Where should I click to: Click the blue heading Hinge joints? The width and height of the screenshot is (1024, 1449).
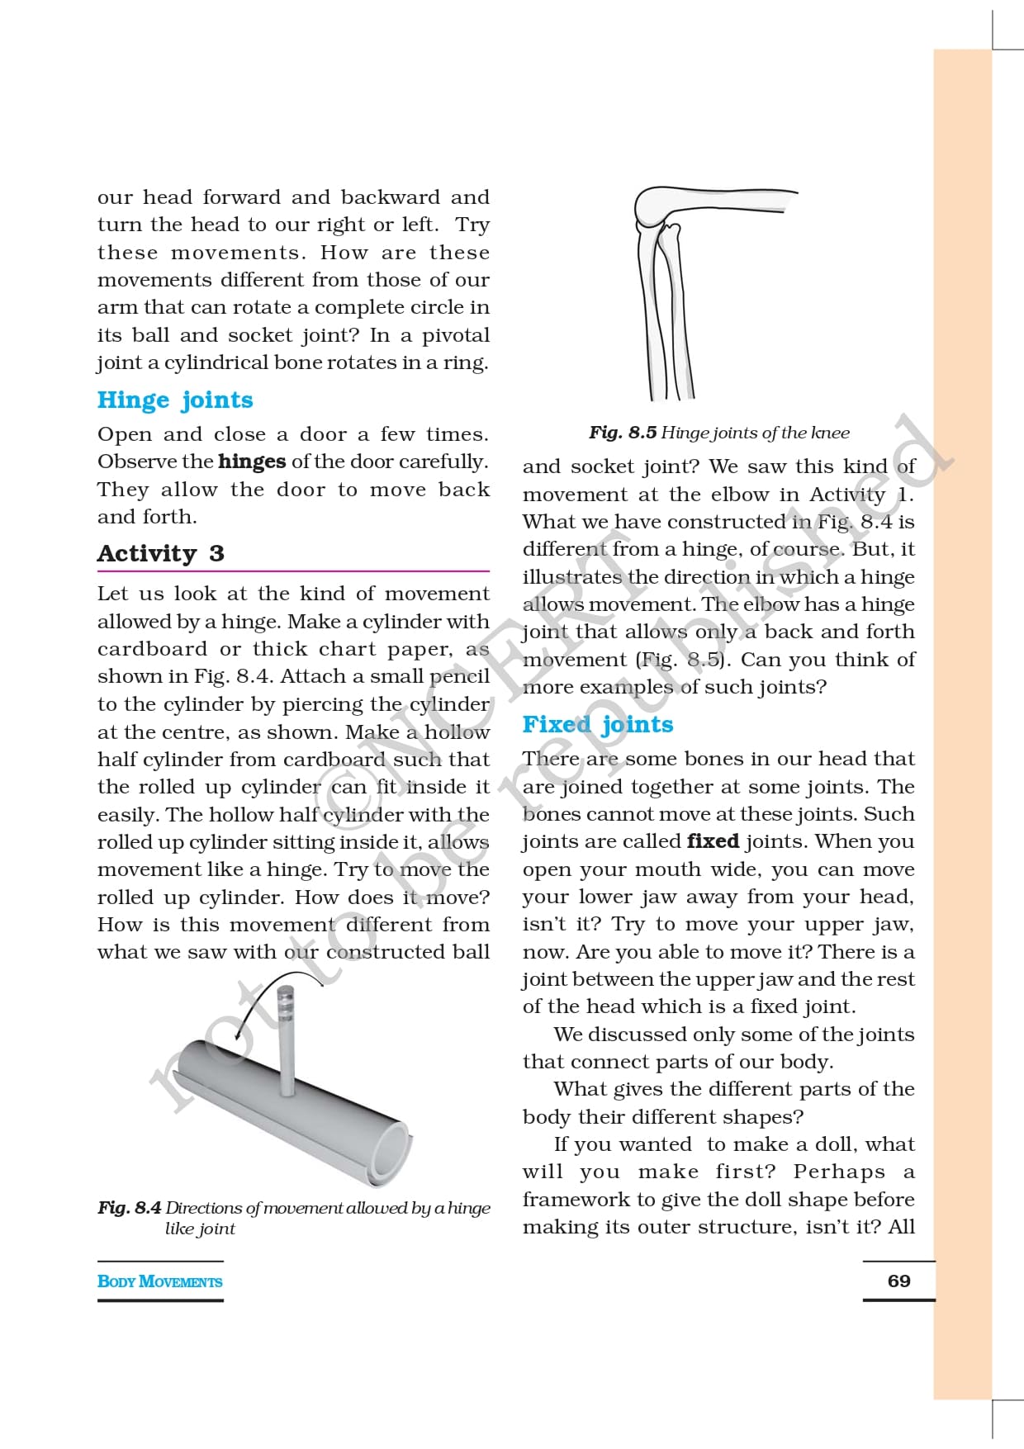coord(175,400)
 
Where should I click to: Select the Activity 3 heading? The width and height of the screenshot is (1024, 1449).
coord(160,553)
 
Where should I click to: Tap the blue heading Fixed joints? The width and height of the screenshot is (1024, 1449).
coord(598,724)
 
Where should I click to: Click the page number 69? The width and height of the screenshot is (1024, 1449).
coord(898,1281)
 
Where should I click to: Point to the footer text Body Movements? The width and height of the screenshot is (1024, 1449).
coord(159,1281)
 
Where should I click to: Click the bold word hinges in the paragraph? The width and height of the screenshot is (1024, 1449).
coord(252,462)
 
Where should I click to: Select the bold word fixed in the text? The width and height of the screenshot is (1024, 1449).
coord(713,841)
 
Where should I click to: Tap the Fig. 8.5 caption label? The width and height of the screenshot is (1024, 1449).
coord(623,433)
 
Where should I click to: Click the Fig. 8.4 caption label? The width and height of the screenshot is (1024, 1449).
coord(130,1207)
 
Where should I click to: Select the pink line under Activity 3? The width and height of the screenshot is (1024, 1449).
coord(293,571)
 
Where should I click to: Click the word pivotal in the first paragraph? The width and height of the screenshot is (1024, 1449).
coord(456,335)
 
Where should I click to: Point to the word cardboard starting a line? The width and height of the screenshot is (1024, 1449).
coord(152,649)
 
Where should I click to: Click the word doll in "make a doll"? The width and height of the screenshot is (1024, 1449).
coord(834,1144)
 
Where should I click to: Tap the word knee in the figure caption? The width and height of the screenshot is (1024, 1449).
coord(830,433)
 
